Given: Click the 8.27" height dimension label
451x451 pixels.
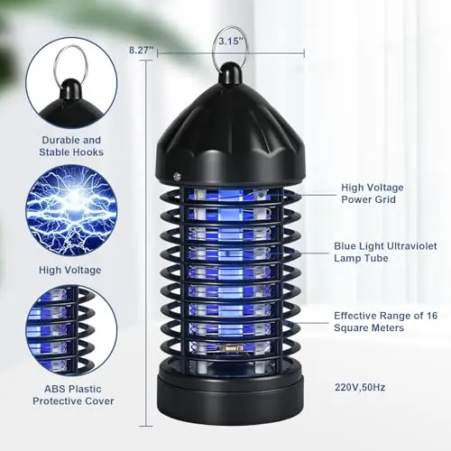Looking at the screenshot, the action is tap(141, 50).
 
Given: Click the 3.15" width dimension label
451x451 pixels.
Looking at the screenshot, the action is tap(231, 41).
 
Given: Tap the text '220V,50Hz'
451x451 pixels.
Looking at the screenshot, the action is tap(360, 387).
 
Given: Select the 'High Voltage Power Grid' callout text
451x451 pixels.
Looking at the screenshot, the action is tap(373, 193).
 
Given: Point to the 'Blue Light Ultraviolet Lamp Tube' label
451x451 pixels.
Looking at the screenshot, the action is tap(385, 252).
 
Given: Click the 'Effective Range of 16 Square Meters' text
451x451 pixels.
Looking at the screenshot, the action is tap(386, 321).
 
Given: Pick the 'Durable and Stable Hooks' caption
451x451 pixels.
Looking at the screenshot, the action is tap(71, 146).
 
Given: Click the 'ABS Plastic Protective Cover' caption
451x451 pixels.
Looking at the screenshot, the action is tap(73, 395).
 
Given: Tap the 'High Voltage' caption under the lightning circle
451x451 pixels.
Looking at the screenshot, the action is tap(70, 270).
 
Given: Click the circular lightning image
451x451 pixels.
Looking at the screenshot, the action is tap(71, 210).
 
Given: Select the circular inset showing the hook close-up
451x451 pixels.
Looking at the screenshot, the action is tap(71, 83).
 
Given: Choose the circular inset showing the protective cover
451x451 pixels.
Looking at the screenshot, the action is tap(71, 331).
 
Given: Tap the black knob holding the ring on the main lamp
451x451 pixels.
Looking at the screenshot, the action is tap(231, 74).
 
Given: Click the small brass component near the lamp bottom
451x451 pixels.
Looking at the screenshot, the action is tap(231, 348).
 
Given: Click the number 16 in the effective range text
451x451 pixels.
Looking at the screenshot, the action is tap(432, 316).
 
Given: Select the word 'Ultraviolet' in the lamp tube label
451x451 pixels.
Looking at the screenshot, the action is tap(411, 246).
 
